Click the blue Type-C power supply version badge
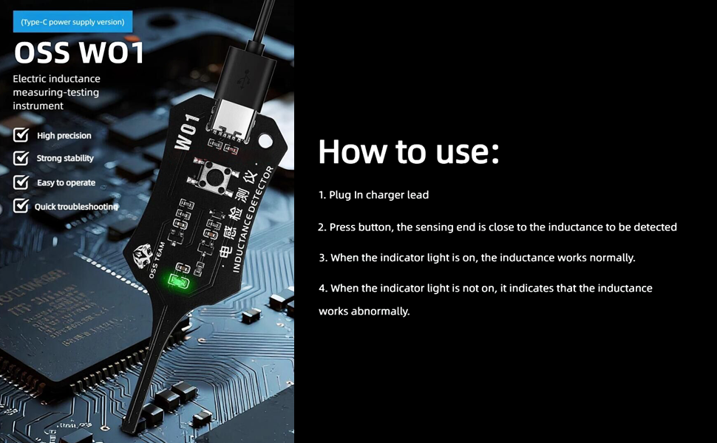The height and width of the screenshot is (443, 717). click(x=72, y=22)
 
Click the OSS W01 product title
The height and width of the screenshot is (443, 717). click(x=79, y=52)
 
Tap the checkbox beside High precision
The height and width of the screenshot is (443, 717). click(x=21, y=134)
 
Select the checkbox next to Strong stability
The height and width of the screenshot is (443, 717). click(x=21, y=158)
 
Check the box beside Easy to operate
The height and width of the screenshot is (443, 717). click(x=21, y=182)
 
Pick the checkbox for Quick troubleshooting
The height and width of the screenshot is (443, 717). click(x=21, y=205)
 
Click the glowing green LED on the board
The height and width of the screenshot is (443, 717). click(x=178, y=281)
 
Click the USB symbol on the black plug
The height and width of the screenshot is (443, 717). click(x=243, y=78)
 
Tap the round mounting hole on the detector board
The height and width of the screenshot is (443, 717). click(x=265, y=141)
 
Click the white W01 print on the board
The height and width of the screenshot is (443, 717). click(x=187, y=132)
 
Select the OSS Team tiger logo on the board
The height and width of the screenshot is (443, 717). click(x=142, y=255)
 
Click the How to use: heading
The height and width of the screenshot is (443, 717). click(x=409, y=151)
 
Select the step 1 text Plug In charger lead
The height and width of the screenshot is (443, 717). click(x=373, y=195)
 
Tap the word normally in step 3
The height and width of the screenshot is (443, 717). click(x=612, y=258)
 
